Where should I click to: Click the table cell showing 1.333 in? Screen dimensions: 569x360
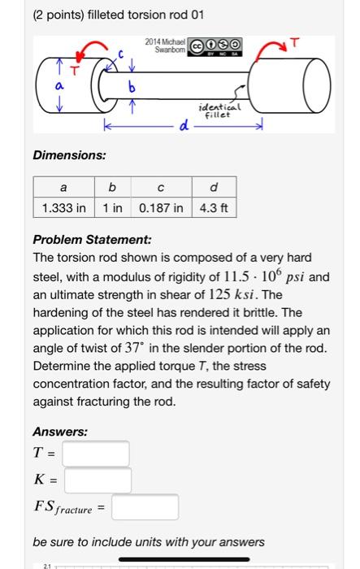pyautogui.click(x=63, y=208)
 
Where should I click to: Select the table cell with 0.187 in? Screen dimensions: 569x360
pyautogui.click(x=160, y=208)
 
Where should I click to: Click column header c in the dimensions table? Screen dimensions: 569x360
pyautogui.click(x=160, y=186)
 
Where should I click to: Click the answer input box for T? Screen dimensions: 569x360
pyautogui.click(x=96, y=454)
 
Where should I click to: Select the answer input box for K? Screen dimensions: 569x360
pyautogui.click(x=98, y=480)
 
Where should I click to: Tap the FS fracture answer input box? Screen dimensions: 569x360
pyautogui.click(x=145, y=507)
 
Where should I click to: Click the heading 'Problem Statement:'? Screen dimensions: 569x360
pyautogui.click(x=81, y=241)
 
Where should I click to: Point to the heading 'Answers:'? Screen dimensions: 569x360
pyautogui.click(x=60, y=432)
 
